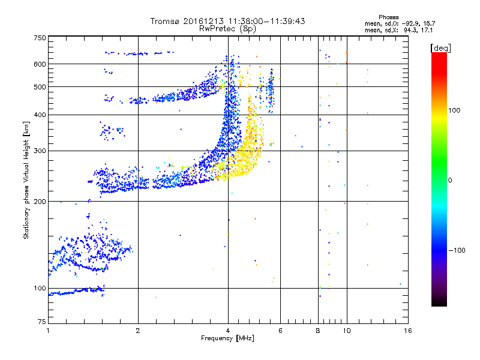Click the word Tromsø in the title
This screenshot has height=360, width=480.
(x=163, y=21)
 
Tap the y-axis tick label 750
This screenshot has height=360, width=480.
(x=39, y=38)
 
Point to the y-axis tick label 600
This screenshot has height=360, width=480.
(x=39, y=64)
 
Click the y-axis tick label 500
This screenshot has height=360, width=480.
(x=39, y=87)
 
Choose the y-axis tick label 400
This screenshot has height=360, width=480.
(x=39, y=115)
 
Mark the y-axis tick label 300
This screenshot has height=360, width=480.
(x=39, y=151)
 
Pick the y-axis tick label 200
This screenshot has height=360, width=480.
(x=39, y=202)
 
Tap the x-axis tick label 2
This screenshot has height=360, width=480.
(x=138, y=331)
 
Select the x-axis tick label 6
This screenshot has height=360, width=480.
(x=281, y=331)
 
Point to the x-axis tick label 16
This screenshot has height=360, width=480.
(x=408, y=331)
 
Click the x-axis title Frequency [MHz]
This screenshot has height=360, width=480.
(x=228, y=338)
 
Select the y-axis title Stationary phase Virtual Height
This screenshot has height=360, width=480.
(x=26, y=180)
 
